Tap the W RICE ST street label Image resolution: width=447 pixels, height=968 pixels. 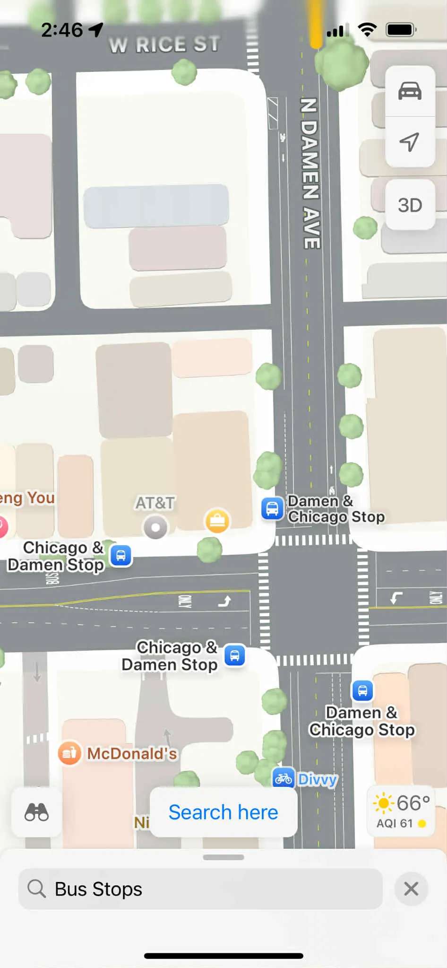point(164,44)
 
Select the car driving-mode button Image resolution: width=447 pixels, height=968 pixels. point(410,90)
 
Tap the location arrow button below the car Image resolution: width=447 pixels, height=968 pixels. point(410,141)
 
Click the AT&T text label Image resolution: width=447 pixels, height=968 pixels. point(155,503)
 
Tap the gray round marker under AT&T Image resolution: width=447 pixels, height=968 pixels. point(155,527)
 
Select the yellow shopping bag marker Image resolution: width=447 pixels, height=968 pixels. point(217,521)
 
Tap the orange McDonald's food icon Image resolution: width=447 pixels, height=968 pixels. point(69,752)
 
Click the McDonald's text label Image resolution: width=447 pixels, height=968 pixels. point(132,753)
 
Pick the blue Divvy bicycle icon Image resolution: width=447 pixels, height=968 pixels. point(284,778)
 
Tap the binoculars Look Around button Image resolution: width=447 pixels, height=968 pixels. point(36,812)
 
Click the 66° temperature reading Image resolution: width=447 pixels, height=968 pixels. point(413,802)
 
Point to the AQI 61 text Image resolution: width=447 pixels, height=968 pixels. point(395,823)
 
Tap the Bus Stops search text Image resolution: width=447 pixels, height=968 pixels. point(98,889)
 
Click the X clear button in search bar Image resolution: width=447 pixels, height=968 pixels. point(411,889)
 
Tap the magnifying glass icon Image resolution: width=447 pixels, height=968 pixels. point(36,889)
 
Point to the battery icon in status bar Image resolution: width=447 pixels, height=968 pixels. point(401,30)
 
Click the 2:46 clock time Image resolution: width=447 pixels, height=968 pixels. point(62,30)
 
